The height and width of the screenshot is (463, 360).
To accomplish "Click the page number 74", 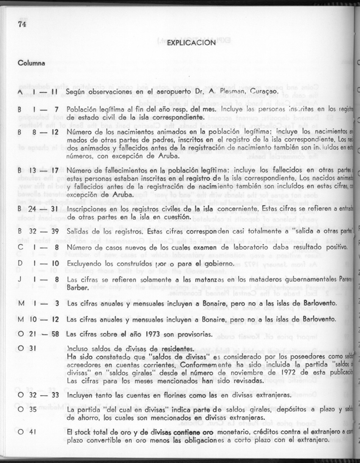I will click(x=22, y=24).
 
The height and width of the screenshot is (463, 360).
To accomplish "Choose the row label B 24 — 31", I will click(x=38, y=209).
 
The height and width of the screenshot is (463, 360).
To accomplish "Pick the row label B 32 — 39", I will click(x=38, y=232).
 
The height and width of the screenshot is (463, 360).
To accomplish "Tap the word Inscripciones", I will click(x=89, y=209).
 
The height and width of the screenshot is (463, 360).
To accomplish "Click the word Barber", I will click(x=77, y=288).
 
